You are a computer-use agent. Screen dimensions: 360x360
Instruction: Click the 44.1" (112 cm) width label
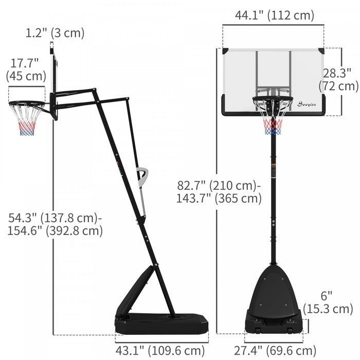[x=274, y=15]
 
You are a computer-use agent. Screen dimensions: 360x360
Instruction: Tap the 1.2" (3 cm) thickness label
[x=55, y=33]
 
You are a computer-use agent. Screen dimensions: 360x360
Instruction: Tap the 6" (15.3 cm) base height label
[x=328, y=302]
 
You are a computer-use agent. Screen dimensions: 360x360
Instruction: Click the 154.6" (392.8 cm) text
[x=55, y=230]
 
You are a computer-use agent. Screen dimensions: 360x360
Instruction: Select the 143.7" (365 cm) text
[x=219, y=198]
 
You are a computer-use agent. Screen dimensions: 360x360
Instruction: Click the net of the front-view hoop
[x=273, y=121]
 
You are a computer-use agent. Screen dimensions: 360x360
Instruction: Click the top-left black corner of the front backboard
[x=225, y=51]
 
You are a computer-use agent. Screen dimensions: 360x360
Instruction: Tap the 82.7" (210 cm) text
[x=219, y=185]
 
